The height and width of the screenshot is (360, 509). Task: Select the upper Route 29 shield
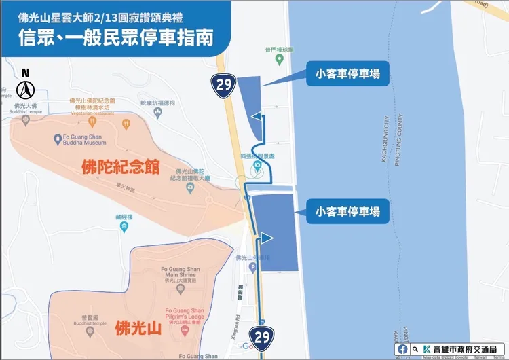tap(222, 84)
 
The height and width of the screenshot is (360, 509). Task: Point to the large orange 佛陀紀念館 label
tap(120, 166)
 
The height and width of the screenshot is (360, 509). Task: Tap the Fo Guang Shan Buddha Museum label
tap(79, 140)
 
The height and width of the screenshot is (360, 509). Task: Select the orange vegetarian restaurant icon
tap(126, 124)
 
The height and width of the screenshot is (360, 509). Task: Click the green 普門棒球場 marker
tap(279, 58)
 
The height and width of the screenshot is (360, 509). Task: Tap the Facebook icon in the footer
tap(404, 349)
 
